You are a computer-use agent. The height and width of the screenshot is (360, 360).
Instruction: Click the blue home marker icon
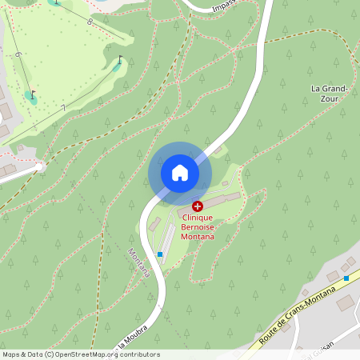[x=180, y=172]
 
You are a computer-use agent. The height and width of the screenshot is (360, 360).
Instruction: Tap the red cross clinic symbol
[x=198, y=206]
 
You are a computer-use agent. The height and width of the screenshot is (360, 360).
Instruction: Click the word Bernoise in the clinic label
[x=197, y=226]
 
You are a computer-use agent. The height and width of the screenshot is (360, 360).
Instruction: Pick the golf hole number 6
[x=17, y=54]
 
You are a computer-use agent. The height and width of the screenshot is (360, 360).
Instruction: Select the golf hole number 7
[x=63, y=107]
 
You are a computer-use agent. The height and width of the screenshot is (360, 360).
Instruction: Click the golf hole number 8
[x=89, y=22]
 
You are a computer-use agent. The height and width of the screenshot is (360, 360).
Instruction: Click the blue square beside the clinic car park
[x=160, y=254]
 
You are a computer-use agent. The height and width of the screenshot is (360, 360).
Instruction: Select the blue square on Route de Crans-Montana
[x=346, y=278]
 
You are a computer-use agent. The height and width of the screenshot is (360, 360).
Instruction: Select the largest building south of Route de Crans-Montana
[x=346, y=303]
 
